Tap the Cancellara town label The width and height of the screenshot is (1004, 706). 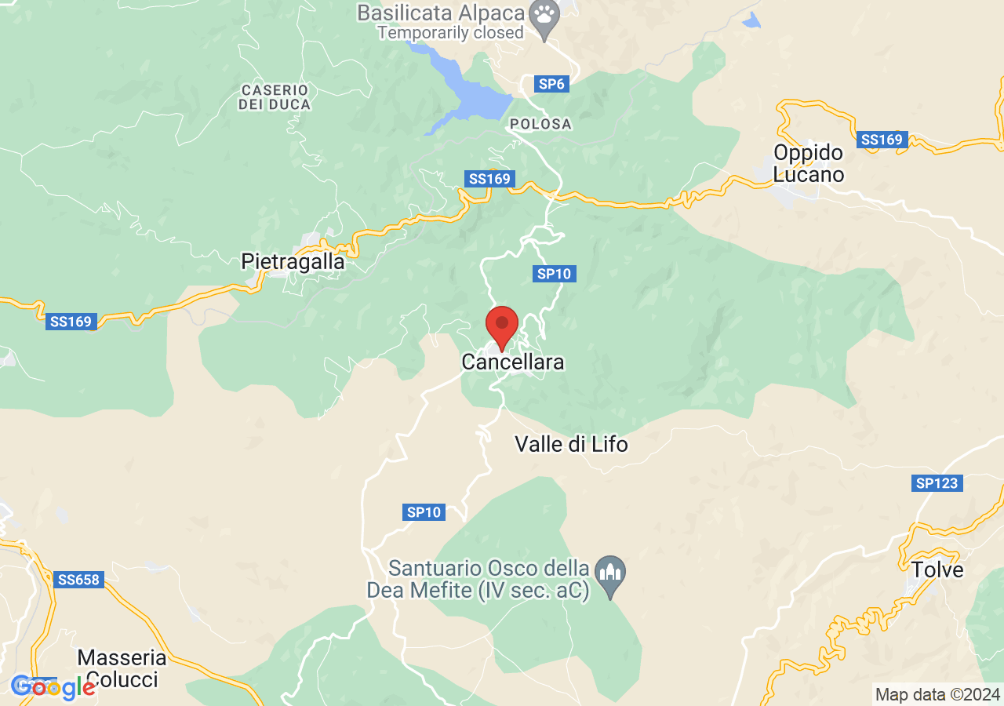[513, 362]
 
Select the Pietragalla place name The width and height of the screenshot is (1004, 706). [293, 261]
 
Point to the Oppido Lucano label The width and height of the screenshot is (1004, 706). [809, 163]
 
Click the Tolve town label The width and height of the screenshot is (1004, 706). [937, 570]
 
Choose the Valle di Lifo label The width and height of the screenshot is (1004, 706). [571, 444]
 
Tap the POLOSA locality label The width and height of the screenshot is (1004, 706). [540, 124]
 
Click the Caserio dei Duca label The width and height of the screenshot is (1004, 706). [275, 97]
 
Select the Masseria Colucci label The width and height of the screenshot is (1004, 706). [122, 668]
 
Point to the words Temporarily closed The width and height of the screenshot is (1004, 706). [449, 33]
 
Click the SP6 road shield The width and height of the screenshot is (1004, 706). [551, 84]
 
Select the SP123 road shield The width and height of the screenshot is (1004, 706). [937, 483]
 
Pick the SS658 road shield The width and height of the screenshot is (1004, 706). [78, 580]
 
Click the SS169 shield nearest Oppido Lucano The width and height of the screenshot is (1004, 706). [882, 140]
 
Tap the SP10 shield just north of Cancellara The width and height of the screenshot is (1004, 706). [555, 274]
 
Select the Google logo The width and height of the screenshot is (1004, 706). [52, 688]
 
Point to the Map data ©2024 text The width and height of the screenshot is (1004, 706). [937, 694]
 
